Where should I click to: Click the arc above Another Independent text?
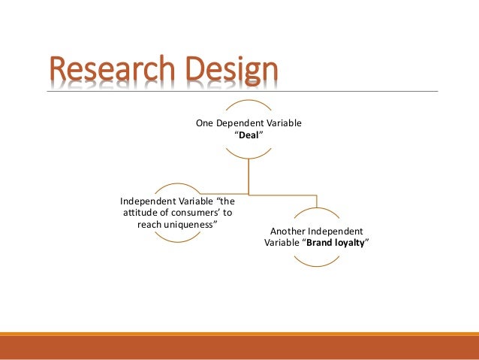(x=317, y=211)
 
